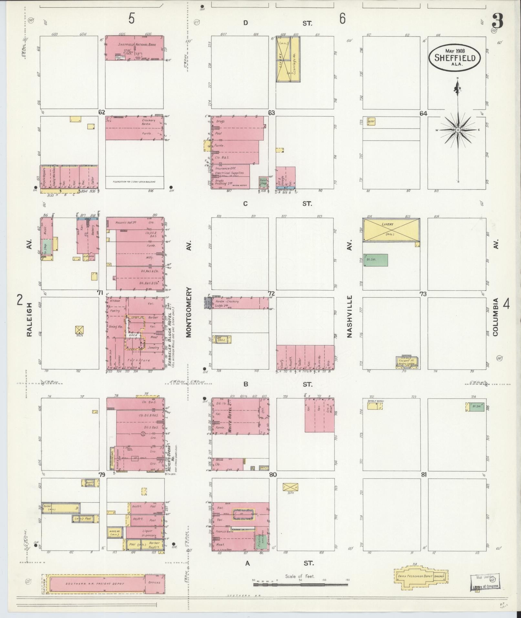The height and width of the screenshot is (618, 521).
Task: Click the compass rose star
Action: tap(458, 130)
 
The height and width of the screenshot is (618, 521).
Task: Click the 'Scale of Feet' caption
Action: tap(300, 576)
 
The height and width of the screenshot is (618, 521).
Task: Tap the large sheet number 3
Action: tap(498, 22)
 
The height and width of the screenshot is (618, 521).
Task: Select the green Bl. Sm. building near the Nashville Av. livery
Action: tap(376, 260)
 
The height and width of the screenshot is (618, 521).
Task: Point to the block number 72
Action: tap(271, 293)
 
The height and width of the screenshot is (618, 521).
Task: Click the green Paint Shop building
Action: tap(264, 183)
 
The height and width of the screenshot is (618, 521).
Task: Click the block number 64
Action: tap(423, 113)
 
